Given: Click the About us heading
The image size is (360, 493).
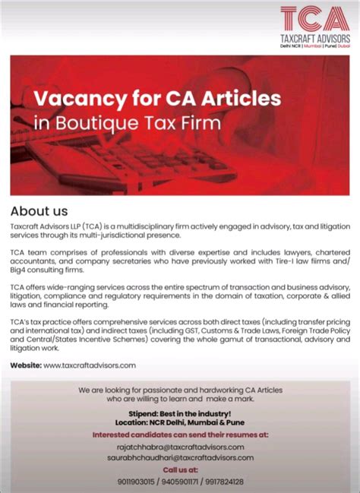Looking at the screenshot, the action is (39, 210).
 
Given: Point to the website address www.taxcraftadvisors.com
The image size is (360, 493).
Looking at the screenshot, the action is (90, 365).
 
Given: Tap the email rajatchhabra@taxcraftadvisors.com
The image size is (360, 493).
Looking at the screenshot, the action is (179, 447).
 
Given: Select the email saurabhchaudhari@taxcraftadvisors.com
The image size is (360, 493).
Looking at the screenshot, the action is (179, 458).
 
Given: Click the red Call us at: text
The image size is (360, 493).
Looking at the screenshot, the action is (180, 470).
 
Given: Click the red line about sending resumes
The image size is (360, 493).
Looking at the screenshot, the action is (180, 435).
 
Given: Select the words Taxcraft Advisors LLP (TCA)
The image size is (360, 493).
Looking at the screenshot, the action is (52, 226).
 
